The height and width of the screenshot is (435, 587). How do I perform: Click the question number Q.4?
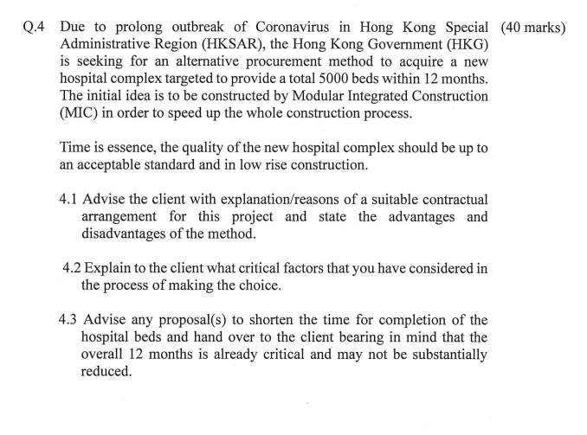[x=35, y=27]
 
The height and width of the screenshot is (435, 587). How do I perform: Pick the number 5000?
[x=368, y=79]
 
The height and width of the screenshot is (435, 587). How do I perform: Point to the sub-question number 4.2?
[x=73, y=268]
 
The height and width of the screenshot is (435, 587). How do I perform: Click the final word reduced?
[x=106, y=372]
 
